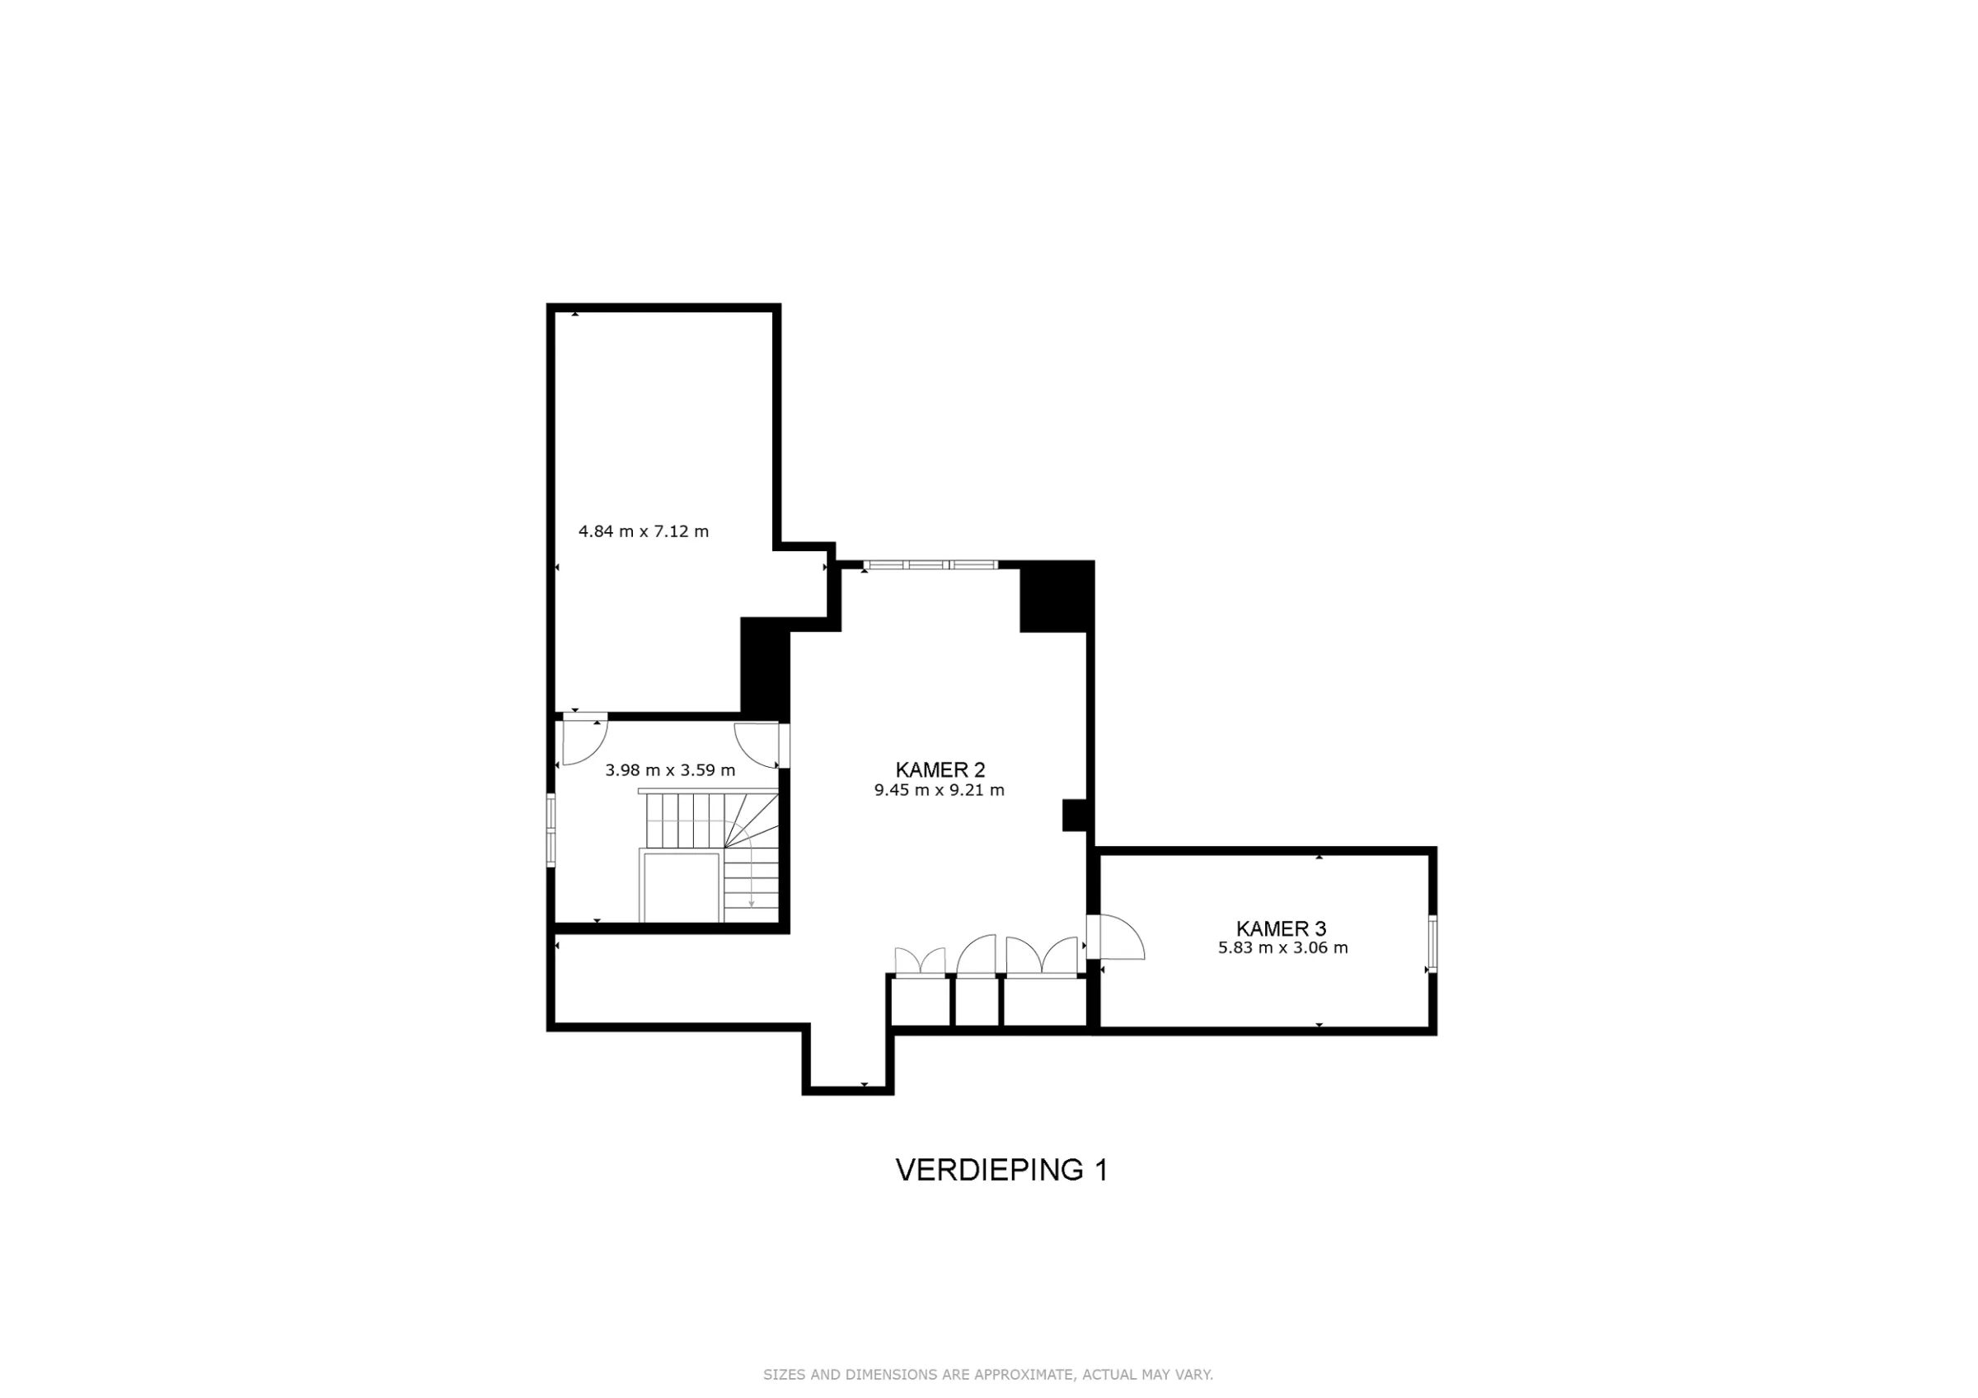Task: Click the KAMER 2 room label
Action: click(939, 770)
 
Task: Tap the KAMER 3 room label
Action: click(1281, 928)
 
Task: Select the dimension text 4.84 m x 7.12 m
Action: click(644, 531)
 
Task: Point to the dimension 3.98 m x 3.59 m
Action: click(670, 770)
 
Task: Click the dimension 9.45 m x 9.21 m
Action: click(939, 790)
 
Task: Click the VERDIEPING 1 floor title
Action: click(1001, 1170)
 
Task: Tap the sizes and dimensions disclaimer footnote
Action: click(988, 1375)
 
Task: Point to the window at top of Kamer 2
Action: click(931, 565)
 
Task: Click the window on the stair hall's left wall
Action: click(551, 828)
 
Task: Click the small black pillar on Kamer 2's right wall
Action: click(1073, 815)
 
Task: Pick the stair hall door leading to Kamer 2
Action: click(758, 744)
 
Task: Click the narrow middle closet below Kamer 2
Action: click(977, 1002)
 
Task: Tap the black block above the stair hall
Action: click(764, 668)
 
